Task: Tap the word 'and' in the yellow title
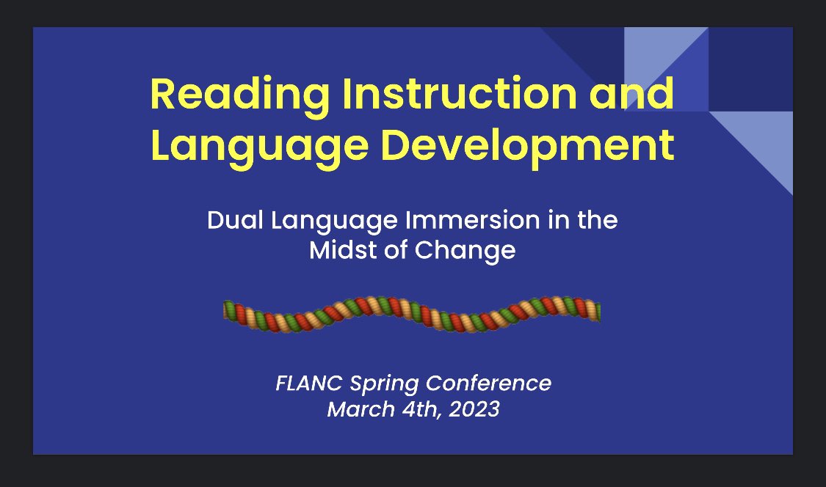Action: [637, 95]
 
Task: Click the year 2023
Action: [471, 409]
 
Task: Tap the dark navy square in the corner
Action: [750, 69]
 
